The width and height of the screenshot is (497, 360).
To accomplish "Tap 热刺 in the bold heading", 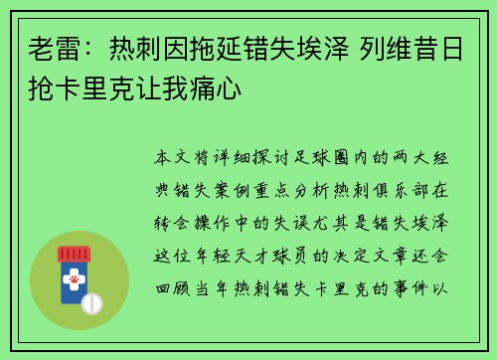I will click(129, 49).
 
